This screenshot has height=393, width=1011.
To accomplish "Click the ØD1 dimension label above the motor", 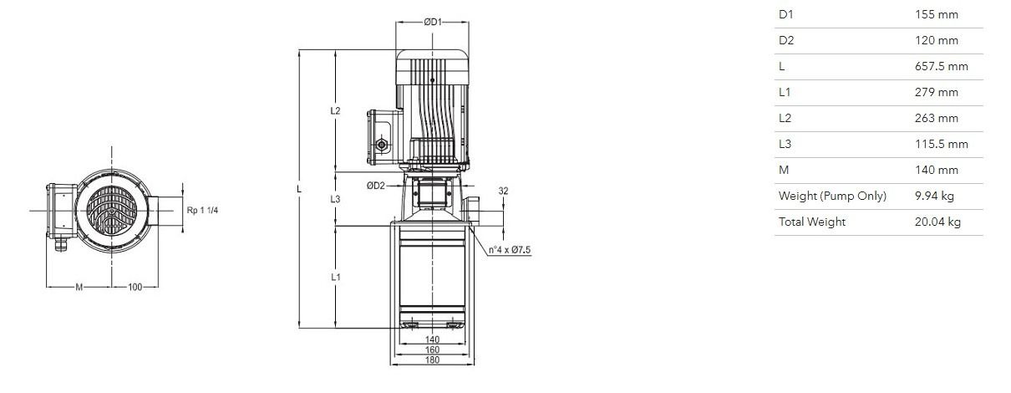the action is (432, 22).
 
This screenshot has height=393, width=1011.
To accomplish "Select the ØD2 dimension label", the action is (375, 186).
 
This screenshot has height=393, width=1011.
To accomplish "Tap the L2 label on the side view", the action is (335, 110).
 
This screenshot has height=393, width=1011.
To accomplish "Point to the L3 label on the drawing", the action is (335, 199).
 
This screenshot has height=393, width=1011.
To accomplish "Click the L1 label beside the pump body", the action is (335, 277).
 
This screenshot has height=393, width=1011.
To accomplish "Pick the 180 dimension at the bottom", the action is (432, 360).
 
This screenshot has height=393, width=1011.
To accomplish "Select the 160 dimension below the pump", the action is (432, 350).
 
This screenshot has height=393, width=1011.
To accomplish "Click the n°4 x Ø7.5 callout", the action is (510, 250).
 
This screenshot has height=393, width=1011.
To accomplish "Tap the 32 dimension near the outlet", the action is (503, 191).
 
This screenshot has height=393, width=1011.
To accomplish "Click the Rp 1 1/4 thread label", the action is (202, 210).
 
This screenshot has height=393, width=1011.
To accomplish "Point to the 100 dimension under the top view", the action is (135, 287).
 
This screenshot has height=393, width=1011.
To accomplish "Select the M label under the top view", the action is (79, 287).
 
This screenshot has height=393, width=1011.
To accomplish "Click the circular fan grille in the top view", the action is (111, 211).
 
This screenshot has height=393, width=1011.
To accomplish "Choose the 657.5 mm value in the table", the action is (942, 66).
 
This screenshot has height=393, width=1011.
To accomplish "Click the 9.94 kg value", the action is (934, 196).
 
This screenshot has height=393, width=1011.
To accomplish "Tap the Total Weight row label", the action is (812, 222).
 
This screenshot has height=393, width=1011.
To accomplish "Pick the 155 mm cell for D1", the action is (937, 14).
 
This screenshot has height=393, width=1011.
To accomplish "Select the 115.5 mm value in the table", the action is (942, 144).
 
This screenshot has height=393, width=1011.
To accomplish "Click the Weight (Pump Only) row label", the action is (832, 196).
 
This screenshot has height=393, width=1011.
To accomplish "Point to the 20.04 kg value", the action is (937, 222).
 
